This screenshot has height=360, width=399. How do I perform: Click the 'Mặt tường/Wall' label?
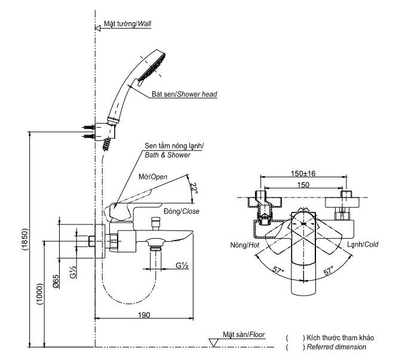(x=127, y=24)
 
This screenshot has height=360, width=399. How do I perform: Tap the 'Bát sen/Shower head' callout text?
(x=184, y=94)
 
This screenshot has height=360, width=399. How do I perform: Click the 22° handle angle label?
(x=194, y=188)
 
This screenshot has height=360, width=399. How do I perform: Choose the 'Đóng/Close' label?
(x=182, y=211)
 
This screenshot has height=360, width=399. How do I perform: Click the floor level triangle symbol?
(x=214, y=342)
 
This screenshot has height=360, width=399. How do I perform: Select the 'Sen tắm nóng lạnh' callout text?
(x=174, y=146)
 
